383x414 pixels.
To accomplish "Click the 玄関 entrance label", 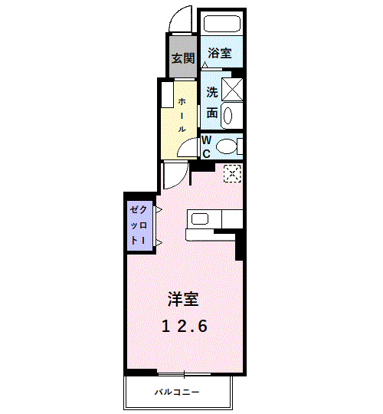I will (x=182, y=58).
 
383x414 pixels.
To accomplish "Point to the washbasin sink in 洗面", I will (x=230, y=114).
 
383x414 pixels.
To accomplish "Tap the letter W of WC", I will (x=206, y=140).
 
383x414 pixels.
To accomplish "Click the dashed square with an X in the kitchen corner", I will (x=231, y=174).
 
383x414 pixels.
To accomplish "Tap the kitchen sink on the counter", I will (x=201, y=219).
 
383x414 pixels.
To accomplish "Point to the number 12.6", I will (x=185, y=326).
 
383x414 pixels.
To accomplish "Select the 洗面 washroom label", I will (x=212, y=103).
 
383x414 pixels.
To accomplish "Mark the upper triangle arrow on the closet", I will (x=157, y=209).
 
